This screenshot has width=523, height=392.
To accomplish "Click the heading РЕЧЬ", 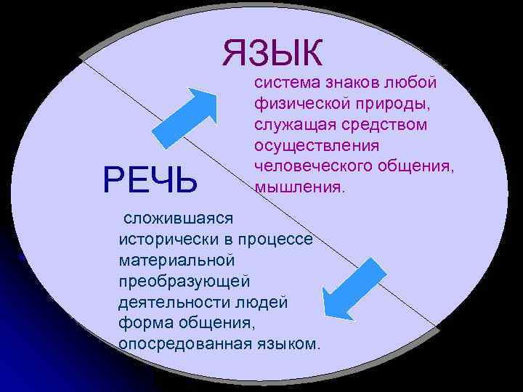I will tap(150, 180).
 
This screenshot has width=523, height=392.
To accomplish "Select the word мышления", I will tap(299, 188).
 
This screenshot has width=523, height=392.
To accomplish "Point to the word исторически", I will tap(160, 238).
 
